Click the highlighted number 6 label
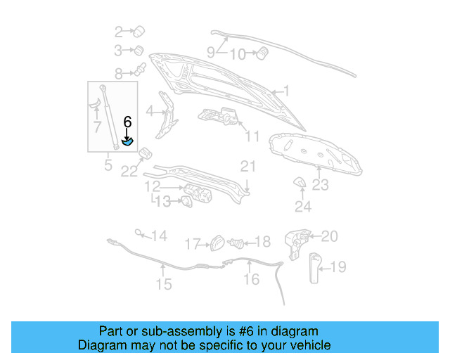[x=127, y=122]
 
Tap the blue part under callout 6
[x=128, y=141]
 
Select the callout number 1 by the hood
[x=286, y=90]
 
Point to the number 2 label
[x=119, y=31]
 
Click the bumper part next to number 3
[x=139, y=51]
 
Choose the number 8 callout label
[x=119, y=72]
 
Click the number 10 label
[x=238, y=54]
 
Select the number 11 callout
[x=252, y=136]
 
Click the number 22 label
[x=128, y=171]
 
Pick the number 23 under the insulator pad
[x=321, y=185]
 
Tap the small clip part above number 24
[x=299, y=183]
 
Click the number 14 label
[x=160, y=236]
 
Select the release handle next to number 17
[x=217, y=243]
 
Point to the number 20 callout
[x=330, y=236]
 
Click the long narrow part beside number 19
[x=312, y=266]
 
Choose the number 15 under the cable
[x=163, y=284]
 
